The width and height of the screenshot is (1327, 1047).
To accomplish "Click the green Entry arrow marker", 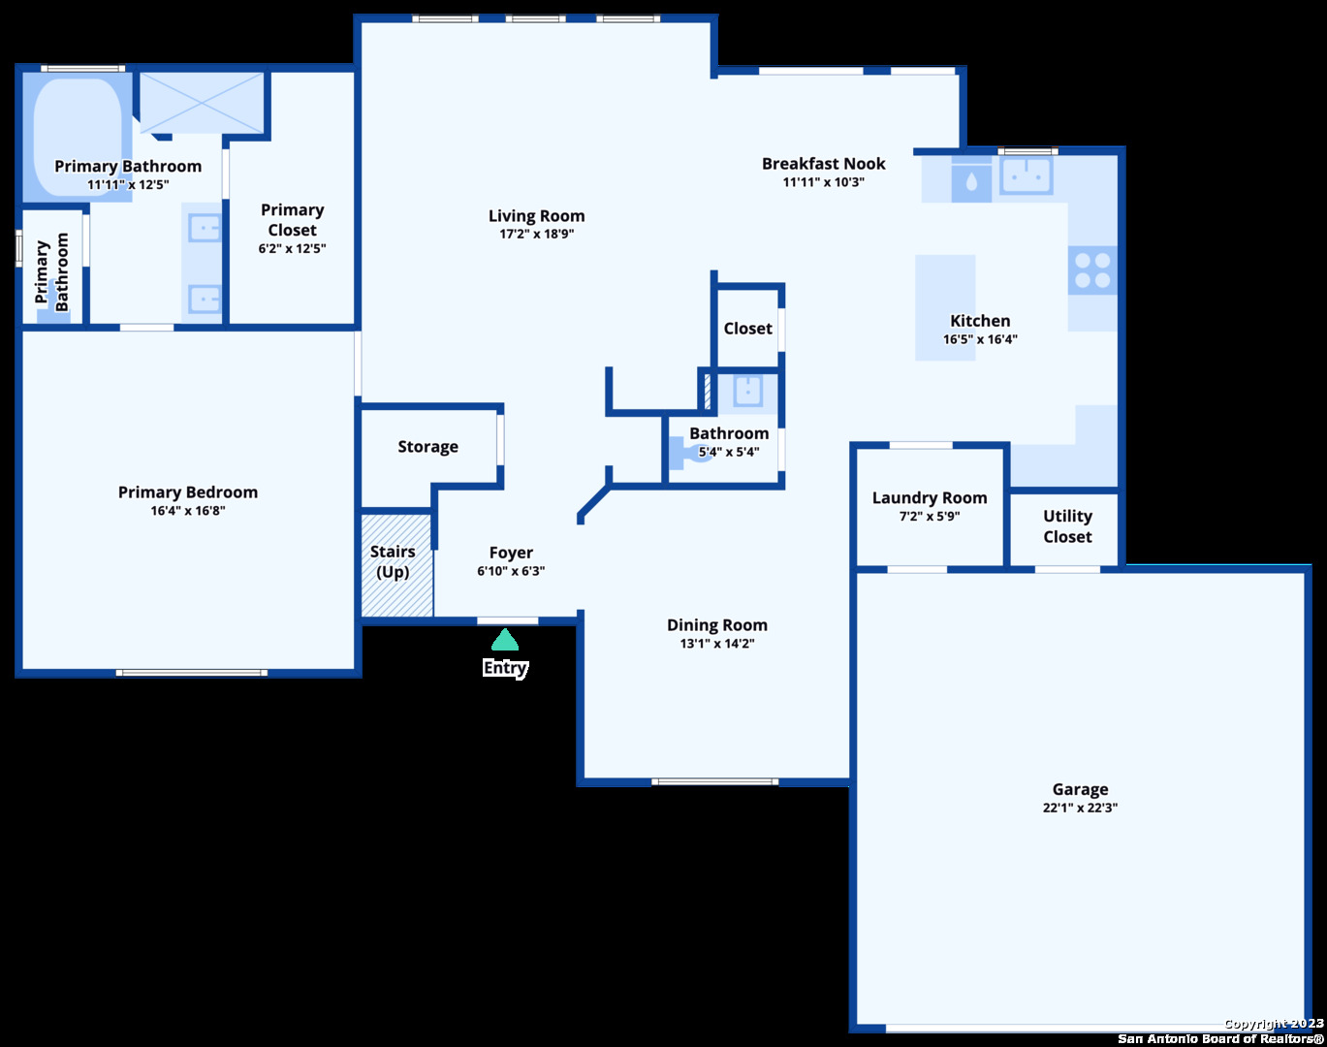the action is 505,640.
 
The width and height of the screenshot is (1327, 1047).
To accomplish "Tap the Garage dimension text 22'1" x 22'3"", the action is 1080,808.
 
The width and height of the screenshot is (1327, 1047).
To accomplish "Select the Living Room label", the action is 536,216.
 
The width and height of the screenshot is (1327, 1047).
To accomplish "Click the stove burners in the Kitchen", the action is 1092,270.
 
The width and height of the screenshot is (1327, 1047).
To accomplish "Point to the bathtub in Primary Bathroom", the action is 79,138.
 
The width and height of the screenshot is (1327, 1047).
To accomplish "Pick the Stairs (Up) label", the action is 393,561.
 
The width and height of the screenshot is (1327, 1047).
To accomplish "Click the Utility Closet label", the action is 1067,526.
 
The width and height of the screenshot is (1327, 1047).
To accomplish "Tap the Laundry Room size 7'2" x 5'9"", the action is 930,517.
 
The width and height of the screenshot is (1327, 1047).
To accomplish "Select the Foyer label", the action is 511,553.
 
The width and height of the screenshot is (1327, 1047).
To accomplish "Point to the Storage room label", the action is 427,446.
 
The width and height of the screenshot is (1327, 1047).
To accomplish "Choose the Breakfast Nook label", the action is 824,164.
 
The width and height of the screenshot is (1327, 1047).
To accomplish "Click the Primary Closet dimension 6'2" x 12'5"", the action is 292,248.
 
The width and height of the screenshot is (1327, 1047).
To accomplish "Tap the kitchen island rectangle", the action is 945,307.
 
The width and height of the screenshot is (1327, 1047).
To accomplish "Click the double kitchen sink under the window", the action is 1027,175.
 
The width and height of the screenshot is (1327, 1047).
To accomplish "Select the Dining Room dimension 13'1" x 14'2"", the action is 717,644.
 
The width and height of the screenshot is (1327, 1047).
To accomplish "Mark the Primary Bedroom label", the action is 188,492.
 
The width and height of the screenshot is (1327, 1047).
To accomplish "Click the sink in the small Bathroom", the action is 748,391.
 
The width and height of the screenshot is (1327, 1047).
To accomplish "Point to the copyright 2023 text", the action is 1274,1024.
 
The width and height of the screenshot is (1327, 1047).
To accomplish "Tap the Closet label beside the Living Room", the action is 748,329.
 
